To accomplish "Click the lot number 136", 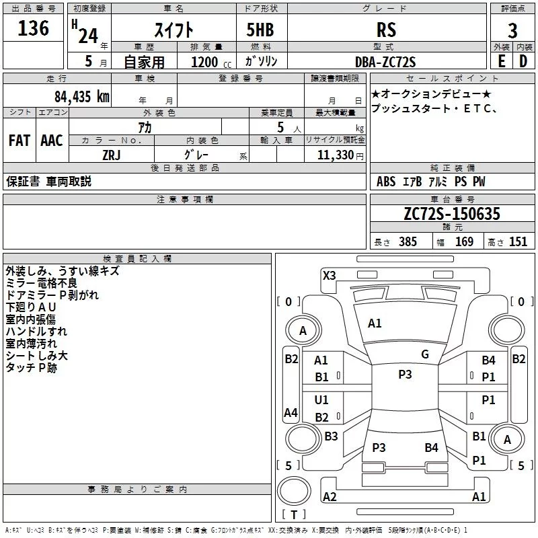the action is point(34,28).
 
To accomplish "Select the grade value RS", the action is point(386,30).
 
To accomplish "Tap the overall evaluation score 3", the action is point(512,30).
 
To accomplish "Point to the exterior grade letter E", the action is point(501,61).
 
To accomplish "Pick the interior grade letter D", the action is point(523,61).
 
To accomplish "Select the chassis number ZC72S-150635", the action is point(452,214).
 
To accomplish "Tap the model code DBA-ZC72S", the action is point(386,62).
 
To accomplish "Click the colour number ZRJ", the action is point(112,155).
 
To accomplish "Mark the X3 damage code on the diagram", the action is point(330,275).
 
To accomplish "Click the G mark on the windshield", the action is point(424,354).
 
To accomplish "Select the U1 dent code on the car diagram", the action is point(321,400).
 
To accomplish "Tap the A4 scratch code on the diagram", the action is point(291,412).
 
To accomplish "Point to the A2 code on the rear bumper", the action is point(330,497).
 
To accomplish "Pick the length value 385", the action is point(406,242).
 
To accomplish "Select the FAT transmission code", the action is point(19,141).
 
